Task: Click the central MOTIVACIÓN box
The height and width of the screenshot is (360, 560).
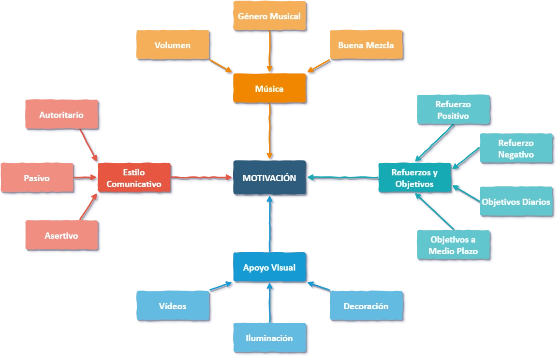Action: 269,178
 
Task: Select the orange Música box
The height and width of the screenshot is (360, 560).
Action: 269,88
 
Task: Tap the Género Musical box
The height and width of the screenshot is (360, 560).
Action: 269,16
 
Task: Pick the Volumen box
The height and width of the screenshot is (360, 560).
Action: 173,45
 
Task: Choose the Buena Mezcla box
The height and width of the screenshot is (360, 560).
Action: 366,45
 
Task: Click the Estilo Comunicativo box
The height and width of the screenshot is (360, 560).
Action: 134,178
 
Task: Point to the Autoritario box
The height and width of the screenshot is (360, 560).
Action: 61,115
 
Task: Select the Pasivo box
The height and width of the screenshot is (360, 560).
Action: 37,178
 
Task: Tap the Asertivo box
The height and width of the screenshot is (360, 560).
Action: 61,236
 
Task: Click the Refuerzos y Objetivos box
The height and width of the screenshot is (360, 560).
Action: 414,178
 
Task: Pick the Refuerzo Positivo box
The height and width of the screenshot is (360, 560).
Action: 453,110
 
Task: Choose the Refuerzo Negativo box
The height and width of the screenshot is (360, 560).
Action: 516,148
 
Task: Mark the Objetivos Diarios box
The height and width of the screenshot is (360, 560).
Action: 516,202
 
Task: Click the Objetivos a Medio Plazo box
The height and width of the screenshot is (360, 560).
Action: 454,245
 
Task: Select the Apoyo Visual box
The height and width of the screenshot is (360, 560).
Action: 269,267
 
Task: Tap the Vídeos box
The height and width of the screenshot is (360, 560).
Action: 173,306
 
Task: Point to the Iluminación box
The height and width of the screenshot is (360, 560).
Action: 269,338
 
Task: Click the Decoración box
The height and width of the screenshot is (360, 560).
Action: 366,306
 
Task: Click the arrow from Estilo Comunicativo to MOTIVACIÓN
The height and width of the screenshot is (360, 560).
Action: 202,178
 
